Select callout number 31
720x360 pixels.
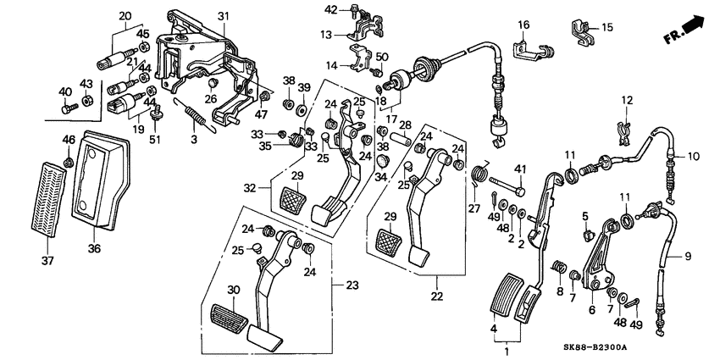(223, 17)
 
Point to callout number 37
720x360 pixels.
(47, 261)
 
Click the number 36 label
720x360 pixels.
(95, 248)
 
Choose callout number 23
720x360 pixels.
(352, 285)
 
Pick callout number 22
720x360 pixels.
(437, 296)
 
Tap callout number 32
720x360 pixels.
(251, 188)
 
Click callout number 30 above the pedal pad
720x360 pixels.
(234, 290)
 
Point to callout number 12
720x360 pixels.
(627, 100)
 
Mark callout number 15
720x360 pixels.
(607, 28)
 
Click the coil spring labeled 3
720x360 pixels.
(195, 116)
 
